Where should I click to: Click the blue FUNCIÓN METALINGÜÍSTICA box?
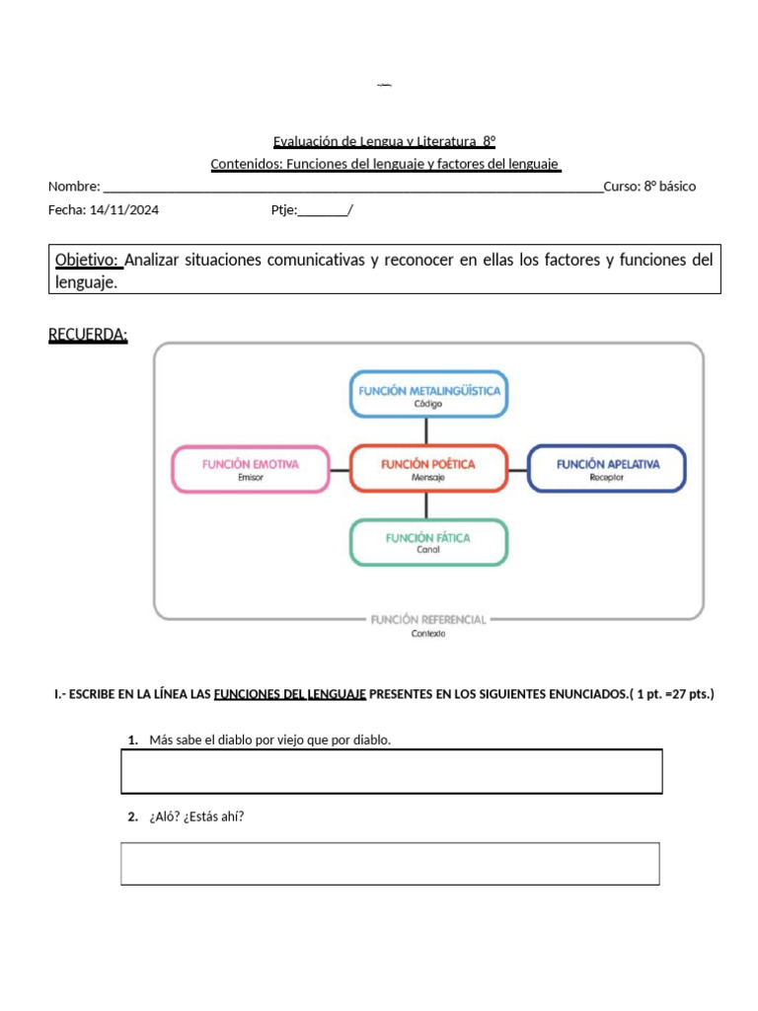coord(428,394)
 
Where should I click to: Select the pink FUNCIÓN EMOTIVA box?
coord(251,468)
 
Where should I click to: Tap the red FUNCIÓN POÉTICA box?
coord(428,468)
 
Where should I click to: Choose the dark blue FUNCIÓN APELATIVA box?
coord(607,468)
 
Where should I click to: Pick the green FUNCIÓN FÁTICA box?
coord(428,542)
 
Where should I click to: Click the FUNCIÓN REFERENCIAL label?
coord(428,620)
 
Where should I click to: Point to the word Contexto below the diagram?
coord(428,635)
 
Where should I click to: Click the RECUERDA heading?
coord(88,336)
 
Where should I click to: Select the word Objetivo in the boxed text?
coord(88,260)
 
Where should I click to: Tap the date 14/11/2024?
coord(123,209)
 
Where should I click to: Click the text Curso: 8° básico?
coord(649,187)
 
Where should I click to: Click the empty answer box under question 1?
coord(391,771)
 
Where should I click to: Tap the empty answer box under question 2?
coord(390,863)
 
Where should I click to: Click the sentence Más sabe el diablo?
coord(269,739)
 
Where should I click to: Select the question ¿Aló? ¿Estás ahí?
coord(196,817)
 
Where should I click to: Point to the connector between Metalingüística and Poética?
coord(426,430)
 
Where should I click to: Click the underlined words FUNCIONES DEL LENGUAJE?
coord(290,695)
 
